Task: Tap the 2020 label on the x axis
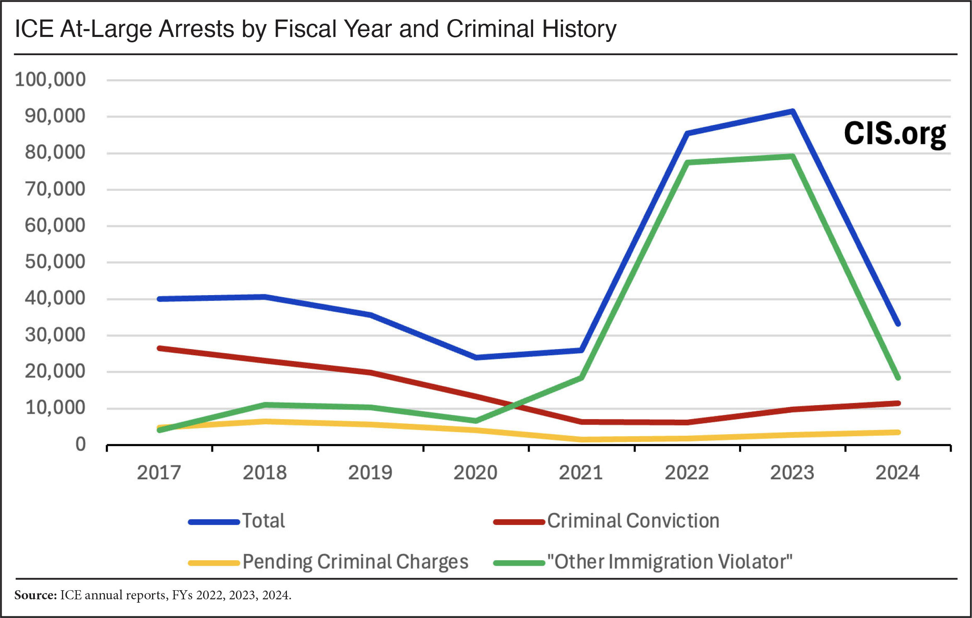click(475, 473)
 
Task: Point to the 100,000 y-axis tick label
click(50, 79)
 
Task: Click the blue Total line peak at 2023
click(792, 112)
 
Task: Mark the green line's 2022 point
click(687, 162)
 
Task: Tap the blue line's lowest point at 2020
click(476, 357)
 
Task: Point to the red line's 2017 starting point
click(160, 348)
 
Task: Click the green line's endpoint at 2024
click(898, 378)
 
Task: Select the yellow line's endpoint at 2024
click(898, 432)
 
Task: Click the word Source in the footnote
click(35, 595)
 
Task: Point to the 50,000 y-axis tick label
click(55, 262)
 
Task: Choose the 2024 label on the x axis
click(898, 473)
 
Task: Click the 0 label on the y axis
click(81, 445)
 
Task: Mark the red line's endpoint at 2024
click(898, 403)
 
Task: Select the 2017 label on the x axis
click(159, 473)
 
